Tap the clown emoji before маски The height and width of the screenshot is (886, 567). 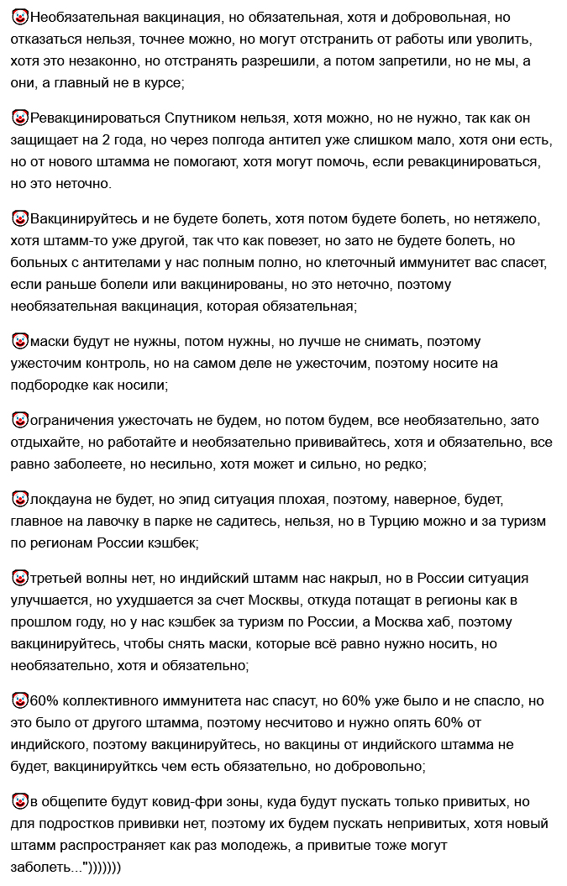click(x=19, y=342)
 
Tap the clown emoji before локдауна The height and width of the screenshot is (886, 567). click(x=19, y=499)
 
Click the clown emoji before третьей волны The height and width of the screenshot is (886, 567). click(x=19, y=578)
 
